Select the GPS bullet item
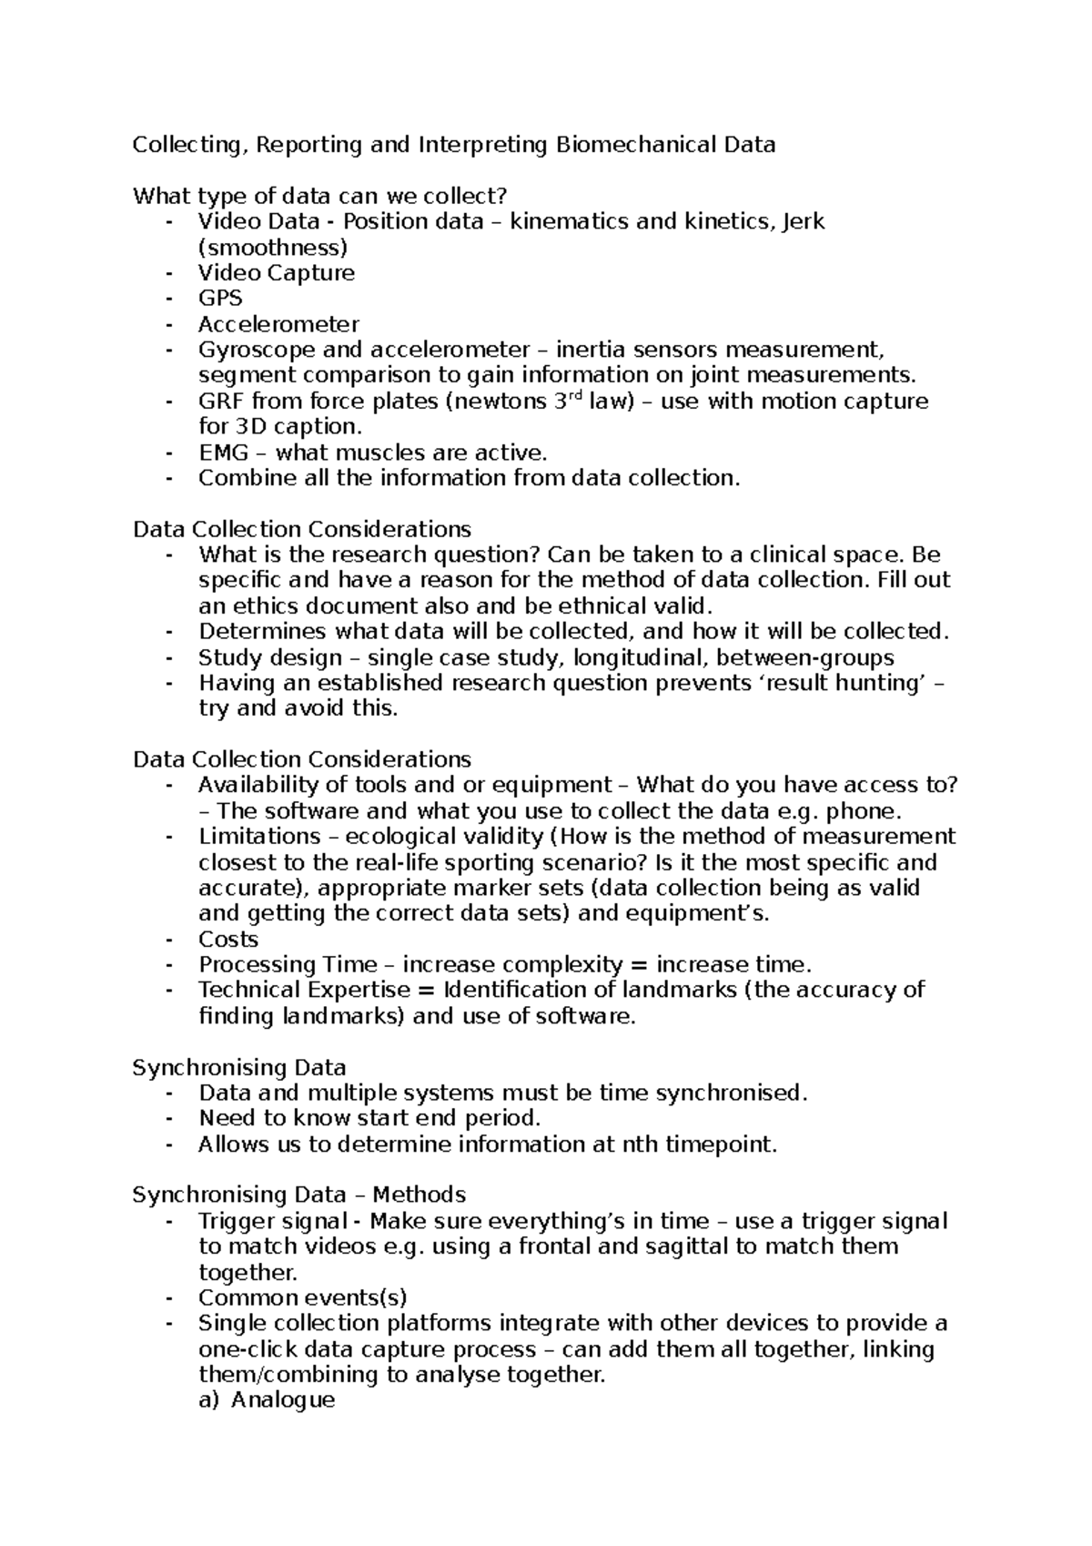(220, 299)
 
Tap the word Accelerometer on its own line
(278, 324)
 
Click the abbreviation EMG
(223, 453)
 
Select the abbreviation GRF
(221, 402)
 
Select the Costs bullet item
(228, 940)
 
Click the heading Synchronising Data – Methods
(299, 1195)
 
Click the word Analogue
(283, 1400)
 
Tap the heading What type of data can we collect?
(318, 196)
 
